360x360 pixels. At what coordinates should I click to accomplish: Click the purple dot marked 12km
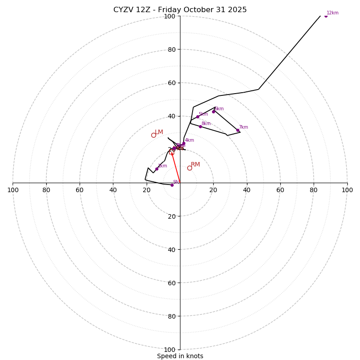pyautogui.click(x=326, y=16)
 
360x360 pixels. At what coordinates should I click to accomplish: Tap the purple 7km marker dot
pyautogui.click(x=238, y=130)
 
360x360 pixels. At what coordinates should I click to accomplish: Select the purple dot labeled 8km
pyautogui.click(x=200, y=126)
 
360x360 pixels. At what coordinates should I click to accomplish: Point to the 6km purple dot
pyautogui.click(x=214, y=112)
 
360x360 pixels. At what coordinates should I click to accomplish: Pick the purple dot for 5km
pyautogui.click(x=198, y=117)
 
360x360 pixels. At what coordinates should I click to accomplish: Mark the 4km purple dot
pyautogui.click(x=184, y=144)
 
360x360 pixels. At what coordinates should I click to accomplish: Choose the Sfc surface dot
pyautogui.click(x=172, y=185)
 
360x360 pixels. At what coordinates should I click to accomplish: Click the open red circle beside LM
pyautogui.click(x=153, y=135)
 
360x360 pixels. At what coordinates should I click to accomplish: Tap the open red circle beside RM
pyautogui.click(x=189, y=168)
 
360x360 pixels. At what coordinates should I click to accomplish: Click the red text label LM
pyautogui.click(x=159, y=132)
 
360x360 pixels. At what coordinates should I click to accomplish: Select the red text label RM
pyautogui.click(x=195, y=165)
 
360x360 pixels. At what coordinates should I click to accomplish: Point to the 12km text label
pyautogui.click(x=333, y=13)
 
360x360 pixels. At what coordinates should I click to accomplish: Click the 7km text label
pyautogui.click(x=243, y=127)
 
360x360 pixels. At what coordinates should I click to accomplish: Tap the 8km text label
pyautogui.click(x=206, y=124)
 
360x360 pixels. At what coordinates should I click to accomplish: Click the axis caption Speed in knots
pyautogui.click(x=180, y=356)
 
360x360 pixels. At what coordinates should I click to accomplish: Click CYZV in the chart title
pyautogui.click(x=123, y=10)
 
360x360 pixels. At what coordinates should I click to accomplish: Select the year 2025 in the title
pyautogui.click(x=238, y=10)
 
